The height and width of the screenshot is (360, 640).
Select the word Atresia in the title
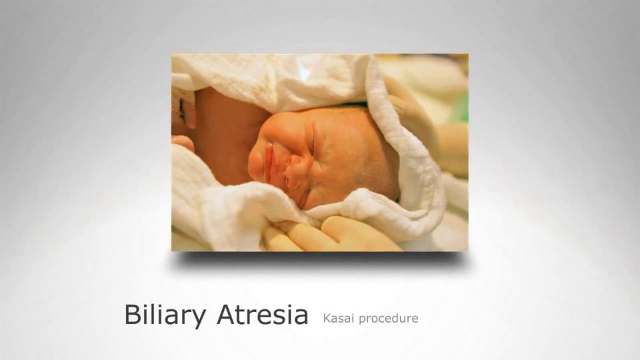tap(262, 315)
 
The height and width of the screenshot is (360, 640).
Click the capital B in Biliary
tap(132, 315)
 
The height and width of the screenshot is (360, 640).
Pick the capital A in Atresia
tap(225, 315)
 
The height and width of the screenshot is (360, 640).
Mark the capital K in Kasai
tap(327, 318)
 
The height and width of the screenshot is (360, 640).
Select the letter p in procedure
tap(362, 320)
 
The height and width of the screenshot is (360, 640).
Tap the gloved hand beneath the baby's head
tap(347, 233)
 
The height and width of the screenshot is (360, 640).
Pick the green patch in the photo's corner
tap(461, 110)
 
